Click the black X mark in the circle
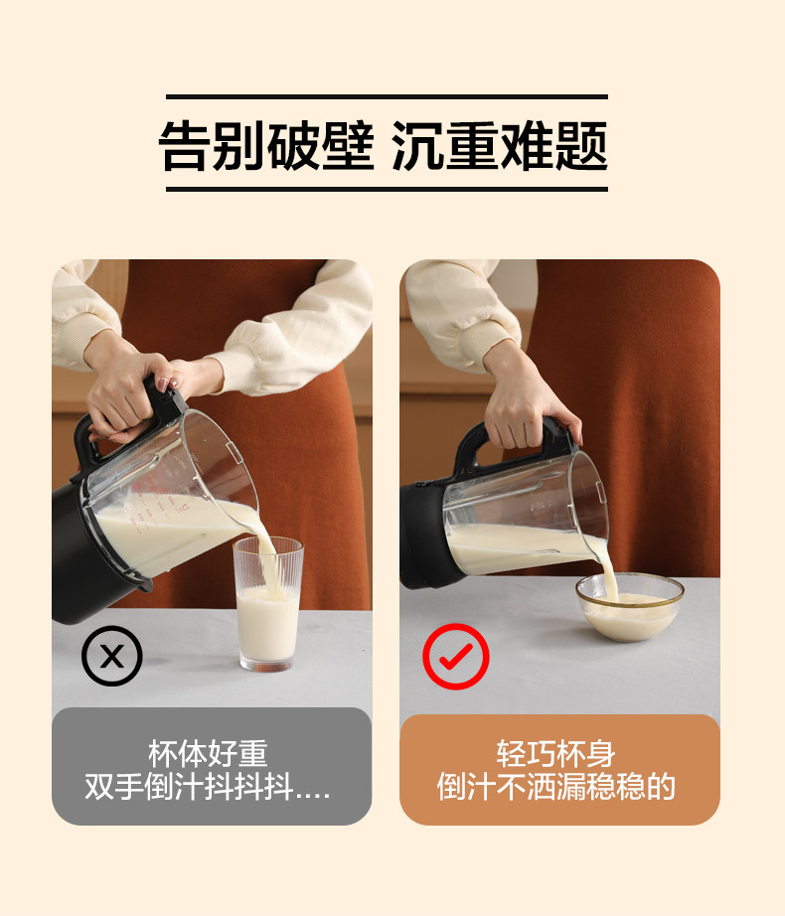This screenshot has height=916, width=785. (111, 656)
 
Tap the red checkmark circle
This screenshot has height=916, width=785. (455, 656)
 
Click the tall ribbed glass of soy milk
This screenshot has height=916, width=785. (268, 604)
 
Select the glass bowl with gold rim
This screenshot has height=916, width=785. (630, 606)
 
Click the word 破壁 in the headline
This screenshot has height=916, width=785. (320, 145)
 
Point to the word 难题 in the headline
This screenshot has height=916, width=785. (553, 145)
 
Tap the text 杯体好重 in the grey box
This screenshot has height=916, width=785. (208, 753)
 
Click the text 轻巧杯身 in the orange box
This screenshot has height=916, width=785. (555, 753)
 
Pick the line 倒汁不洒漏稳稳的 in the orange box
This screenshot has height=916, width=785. (556, 786)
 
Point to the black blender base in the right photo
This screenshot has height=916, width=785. (423, 534)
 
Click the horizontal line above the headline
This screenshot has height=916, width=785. (387, 97)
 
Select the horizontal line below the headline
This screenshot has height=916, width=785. (387, 190)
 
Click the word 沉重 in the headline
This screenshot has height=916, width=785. (444, 145)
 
